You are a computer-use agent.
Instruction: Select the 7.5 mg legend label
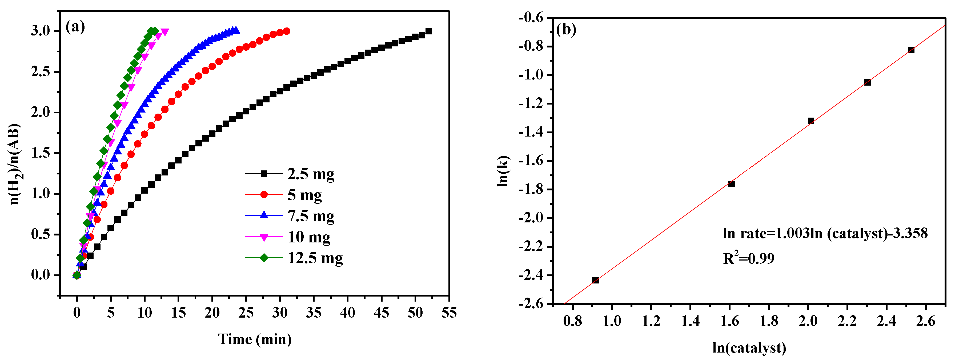coord(311,216)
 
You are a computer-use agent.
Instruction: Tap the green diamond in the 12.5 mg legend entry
coord(264,258)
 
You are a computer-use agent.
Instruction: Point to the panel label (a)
coord(75,27)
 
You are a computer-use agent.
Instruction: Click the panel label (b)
coord(566,29)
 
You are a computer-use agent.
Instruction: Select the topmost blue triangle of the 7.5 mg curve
coord(235,30)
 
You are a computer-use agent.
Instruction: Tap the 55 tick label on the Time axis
coord(449,313)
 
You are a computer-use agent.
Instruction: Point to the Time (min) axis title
coord(255,339)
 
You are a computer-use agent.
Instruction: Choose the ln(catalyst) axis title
coord(749,348)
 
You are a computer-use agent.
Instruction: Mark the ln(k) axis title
coord(503,171)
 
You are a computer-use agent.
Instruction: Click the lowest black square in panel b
coord(595,280)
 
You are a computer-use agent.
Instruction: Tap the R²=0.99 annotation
coord(748,258)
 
